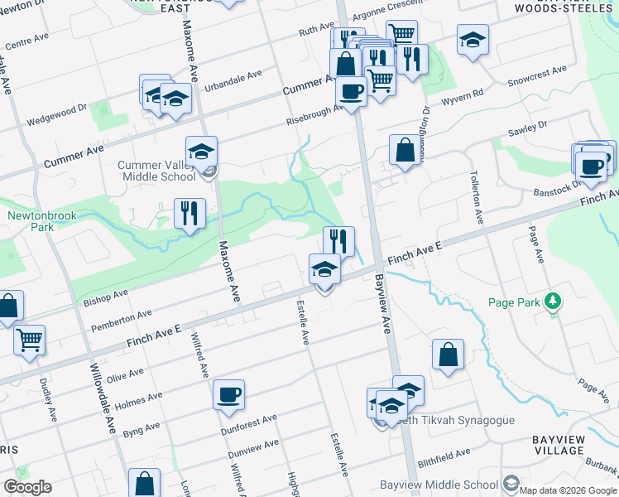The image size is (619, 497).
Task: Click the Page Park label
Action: tap(517, 302)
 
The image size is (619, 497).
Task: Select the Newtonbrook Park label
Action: tap(36, 221)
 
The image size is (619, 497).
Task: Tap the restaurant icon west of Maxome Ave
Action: tap(190, 214)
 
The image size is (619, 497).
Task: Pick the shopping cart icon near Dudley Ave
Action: tap(29, 339)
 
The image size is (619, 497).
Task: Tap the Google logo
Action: tap(27, 487)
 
